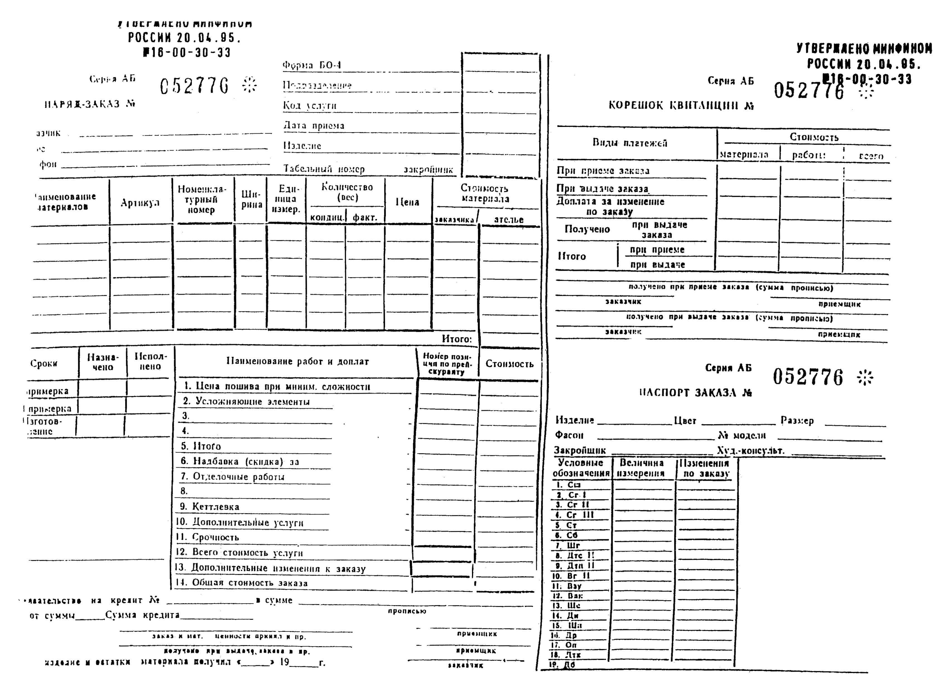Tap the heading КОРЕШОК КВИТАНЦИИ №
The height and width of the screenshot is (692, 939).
681,105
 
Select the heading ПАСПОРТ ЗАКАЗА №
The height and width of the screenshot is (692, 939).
695,393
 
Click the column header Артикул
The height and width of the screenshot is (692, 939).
140,203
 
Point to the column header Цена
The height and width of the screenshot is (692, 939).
407,202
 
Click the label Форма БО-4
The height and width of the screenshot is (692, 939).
312,65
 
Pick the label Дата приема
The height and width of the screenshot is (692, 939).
314,126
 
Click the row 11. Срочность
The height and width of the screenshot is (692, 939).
207,537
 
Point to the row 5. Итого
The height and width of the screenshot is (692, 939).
201,446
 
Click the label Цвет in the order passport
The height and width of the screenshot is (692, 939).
685,421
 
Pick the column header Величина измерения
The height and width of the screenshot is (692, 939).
641,468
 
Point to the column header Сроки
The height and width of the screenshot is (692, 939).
44,363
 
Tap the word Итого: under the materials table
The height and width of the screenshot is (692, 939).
456,339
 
